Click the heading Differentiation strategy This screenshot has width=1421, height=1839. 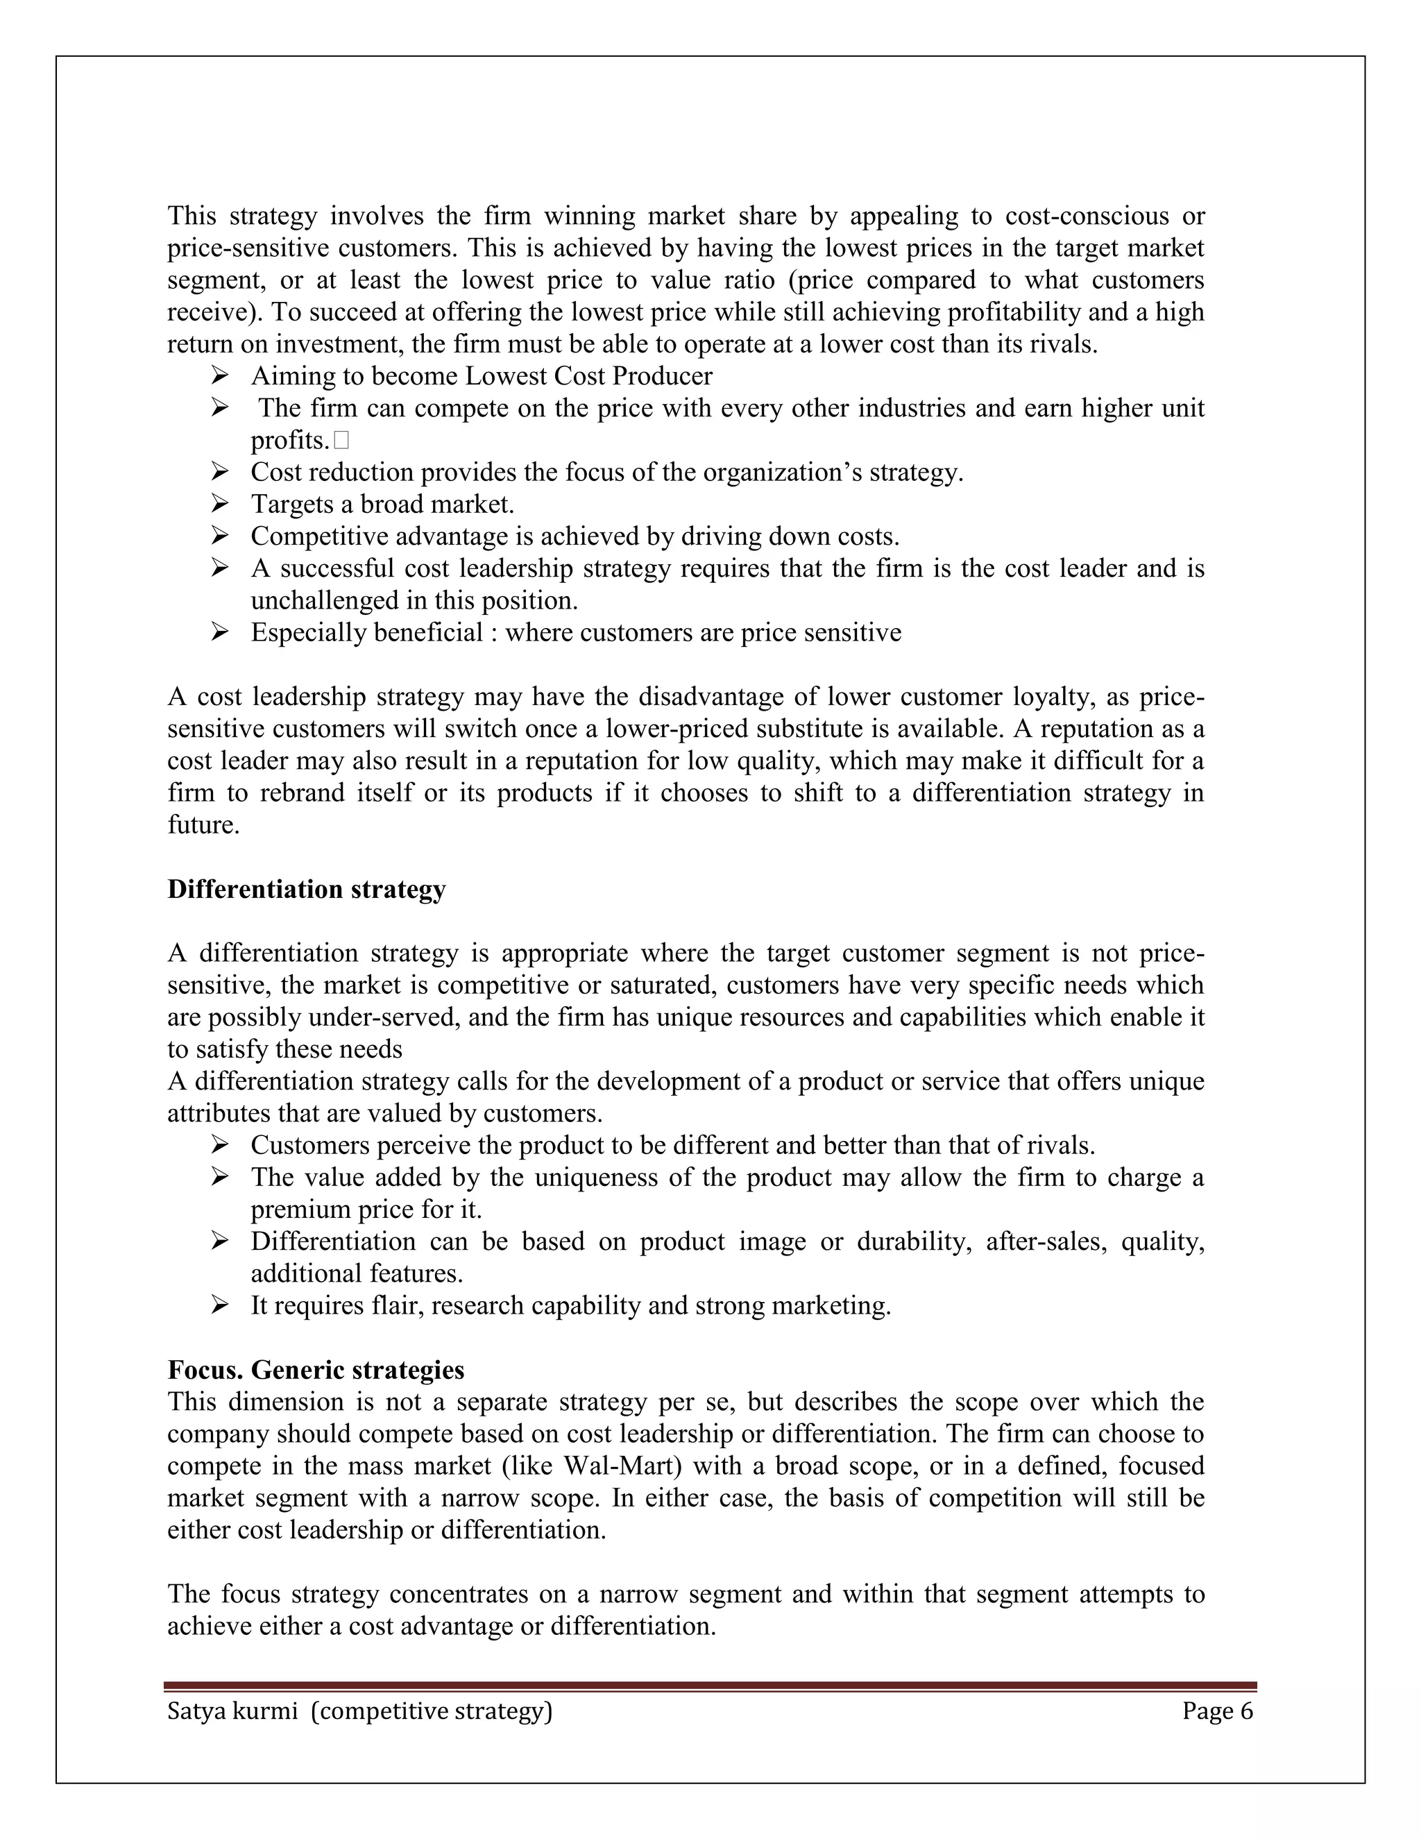click(307, 889)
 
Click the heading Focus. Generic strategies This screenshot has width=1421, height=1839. click(316, 1370)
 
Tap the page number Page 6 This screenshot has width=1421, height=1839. click(1217, 1712)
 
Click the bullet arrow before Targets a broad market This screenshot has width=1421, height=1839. click(220, 504)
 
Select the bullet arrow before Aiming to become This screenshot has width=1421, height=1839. click(220, 375)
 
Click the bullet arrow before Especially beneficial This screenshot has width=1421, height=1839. click(220, 632)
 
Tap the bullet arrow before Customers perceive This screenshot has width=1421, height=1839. click(220, 1145)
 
